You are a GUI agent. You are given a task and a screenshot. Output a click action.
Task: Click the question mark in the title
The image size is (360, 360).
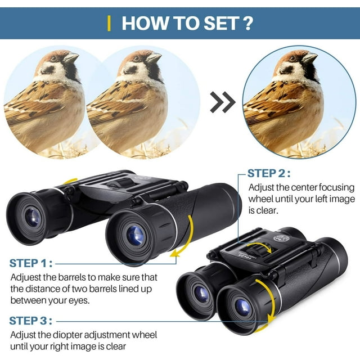[247, 23]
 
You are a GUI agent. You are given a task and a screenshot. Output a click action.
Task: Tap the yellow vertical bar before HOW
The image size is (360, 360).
[109, 24]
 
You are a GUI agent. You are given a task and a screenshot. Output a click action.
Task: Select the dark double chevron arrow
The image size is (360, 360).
[223, 102]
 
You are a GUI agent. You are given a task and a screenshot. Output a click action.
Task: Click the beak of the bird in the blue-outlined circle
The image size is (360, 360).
[310, 57]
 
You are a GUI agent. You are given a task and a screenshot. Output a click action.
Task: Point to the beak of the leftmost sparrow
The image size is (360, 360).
[71, 57]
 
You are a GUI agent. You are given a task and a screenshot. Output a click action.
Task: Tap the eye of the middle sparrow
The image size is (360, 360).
[136, 58]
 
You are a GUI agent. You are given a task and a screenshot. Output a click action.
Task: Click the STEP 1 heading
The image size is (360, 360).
[31, 263]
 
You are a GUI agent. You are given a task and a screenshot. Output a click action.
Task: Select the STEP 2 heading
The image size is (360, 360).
[269, 173]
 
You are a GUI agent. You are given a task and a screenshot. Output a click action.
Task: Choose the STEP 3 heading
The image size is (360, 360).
[31, 321]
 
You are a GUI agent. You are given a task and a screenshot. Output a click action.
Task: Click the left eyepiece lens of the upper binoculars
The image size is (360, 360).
[33, 217]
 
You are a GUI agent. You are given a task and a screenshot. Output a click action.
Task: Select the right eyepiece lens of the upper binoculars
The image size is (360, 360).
[136, 236]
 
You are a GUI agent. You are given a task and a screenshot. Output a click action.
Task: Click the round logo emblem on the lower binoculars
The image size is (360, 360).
[281, 238]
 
